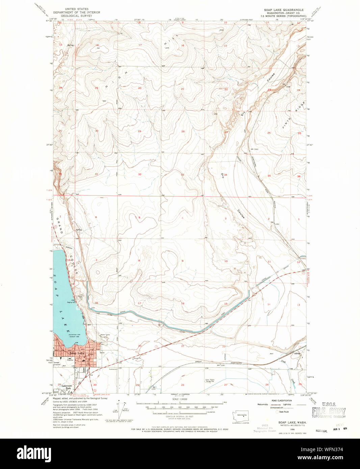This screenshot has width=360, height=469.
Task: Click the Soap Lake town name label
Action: [x=77, y=353]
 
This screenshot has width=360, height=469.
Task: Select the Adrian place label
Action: [x=297, y=354]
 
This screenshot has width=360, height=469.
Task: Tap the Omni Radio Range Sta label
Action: [x=210, y=380]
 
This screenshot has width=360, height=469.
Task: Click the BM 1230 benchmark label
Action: [x=221, y=365]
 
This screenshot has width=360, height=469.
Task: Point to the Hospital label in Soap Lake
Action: [x=70, y=360]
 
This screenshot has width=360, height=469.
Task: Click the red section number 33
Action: [x=182, y=174]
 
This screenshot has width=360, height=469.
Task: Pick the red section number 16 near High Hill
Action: [x=182, y=45]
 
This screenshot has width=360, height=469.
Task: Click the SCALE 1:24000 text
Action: [x=180, y=399]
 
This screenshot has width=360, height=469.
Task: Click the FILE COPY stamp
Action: [x=329, y=411]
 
